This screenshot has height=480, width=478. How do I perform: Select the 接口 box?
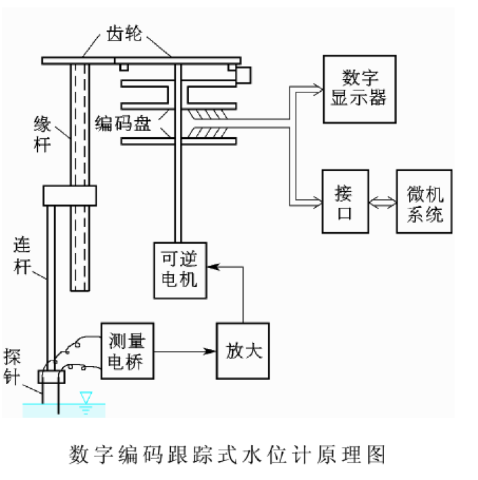point(344,202)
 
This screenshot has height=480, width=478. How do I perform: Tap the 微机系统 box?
point(425,202)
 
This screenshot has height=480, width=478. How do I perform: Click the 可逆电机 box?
point(180,269)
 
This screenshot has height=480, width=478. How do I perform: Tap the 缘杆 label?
point(42,132)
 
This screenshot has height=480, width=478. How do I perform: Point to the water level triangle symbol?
point(86,397)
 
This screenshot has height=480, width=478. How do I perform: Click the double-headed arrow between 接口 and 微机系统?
point(383,202)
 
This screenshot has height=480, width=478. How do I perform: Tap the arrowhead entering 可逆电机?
point(211,267)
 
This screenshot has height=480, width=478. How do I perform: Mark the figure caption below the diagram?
point(228,454)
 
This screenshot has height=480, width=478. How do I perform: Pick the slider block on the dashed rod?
point(66,196)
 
